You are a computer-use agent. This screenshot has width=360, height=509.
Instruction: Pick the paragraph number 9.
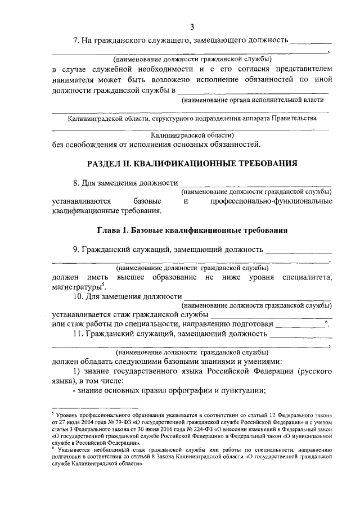(x=76, y=249)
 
